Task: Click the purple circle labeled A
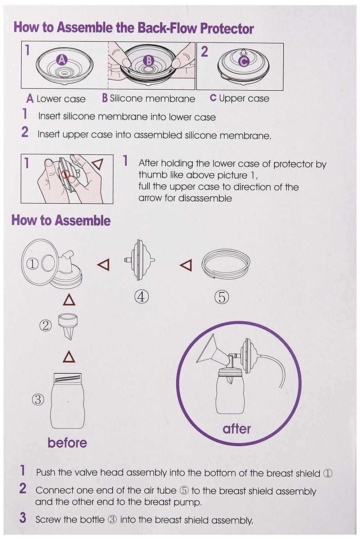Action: point(62,59)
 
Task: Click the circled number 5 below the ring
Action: point(222,297)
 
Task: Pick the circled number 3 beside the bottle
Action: point(39,399)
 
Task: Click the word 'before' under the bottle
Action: point(67,442)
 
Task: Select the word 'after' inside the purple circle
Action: point(237,429)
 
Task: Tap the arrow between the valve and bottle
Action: point(69,357)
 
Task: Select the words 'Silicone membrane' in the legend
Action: point(152,98)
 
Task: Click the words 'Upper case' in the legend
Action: point(244,98)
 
